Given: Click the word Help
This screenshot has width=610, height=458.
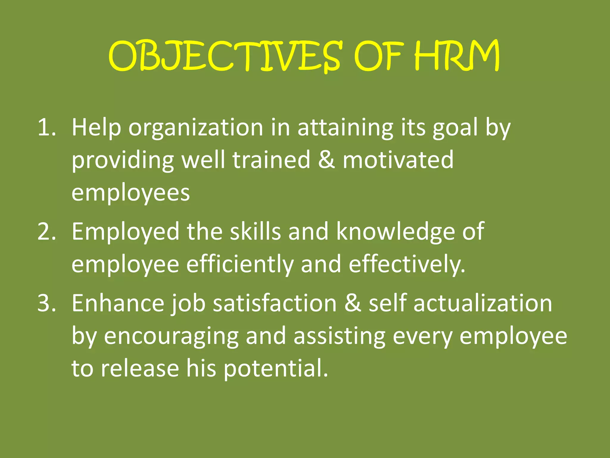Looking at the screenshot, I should [96, 128].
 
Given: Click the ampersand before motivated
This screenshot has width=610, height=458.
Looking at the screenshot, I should [326, 160].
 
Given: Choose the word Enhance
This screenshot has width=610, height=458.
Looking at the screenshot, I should [118, 303].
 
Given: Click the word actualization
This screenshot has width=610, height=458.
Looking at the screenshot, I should [483, 303].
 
